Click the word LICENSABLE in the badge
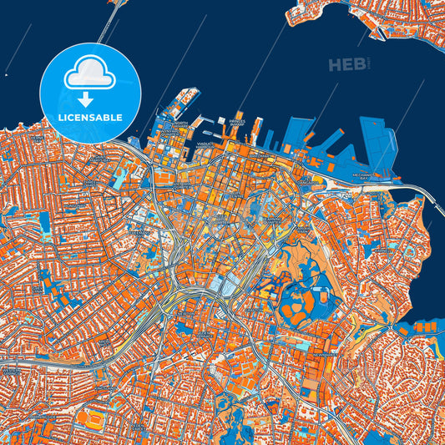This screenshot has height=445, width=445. tap(91, 117)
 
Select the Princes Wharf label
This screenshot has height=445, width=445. tap(239, 124)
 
